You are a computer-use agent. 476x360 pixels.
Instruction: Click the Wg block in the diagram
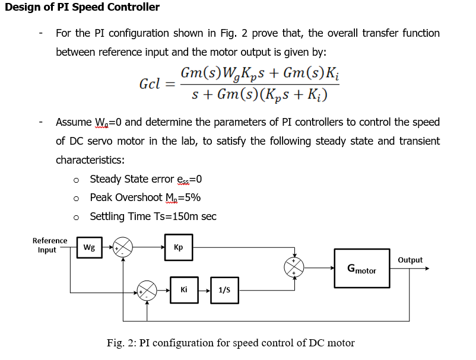tap(88, 247)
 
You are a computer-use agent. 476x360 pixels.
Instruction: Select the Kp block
tap(179, 247)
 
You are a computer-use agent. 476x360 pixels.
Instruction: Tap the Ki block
tap(184, 290)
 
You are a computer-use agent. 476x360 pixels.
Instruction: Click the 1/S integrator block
tap(224, 290)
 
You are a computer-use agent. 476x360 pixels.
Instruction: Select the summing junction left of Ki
tap(147, 291)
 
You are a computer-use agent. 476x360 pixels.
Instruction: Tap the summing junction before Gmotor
tap(294, 267)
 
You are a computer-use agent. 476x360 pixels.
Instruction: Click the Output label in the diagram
tap(410, 260)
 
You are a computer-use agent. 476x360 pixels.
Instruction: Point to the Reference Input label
tap(49, 245)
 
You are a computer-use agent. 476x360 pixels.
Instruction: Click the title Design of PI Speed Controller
tap(82, 8)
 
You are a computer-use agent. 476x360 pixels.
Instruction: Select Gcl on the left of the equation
tap(150, 84)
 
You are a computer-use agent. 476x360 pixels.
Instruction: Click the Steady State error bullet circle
tap(76, 180)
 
